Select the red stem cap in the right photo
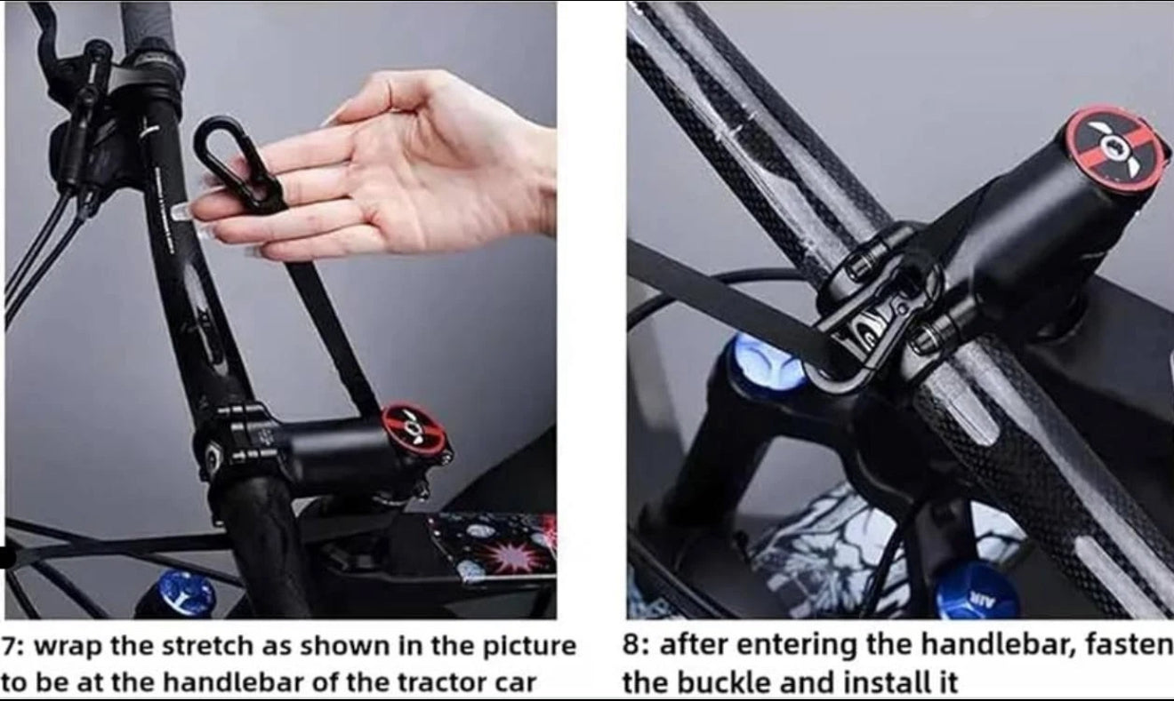click(1115, 147)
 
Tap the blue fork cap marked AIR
click(977, 590)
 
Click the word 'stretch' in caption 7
click(211, 646)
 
